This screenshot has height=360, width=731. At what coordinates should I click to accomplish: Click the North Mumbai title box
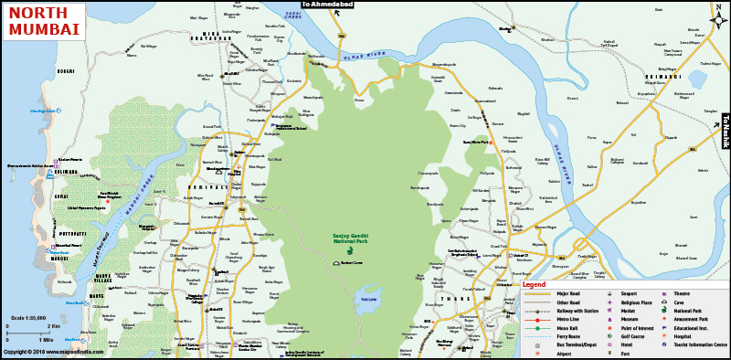click(x=44, y=20)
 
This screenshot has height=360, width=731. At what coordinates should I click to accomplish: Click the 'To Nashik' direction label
click(x=726, y=130)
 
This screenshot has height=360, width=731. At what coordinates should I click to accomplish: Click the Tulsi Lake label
click(x=367, y=299)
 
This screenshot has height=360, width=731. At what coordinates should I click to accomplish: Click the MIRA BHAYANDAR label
click(x=222, y=35)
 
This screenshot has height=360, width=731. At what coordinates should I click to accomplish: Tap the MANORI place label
click(x=60, y=259)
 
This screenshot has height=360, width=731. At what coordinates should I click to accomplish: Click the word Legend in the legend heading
click(x=535, y=285)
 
